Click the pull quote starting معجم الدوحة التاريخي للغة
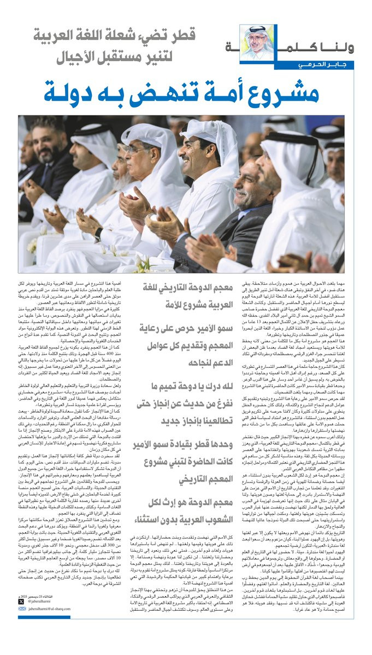point(181,294)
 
